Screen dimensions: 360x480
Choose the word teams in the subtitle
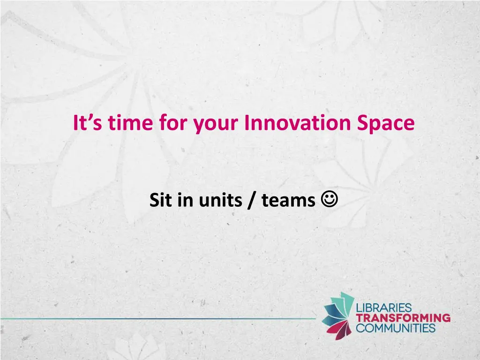pyautogui.click(x=288, y=201)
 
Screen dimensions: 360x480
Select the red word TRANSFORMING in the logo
pyautogui.click(x=403, y=318)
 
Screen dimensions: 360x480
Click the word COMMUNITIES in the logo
pyautogui.click(x=396, y=327)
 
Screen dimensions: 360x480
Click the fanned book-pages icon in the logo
pyautogui.click(x=338, y=314)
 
